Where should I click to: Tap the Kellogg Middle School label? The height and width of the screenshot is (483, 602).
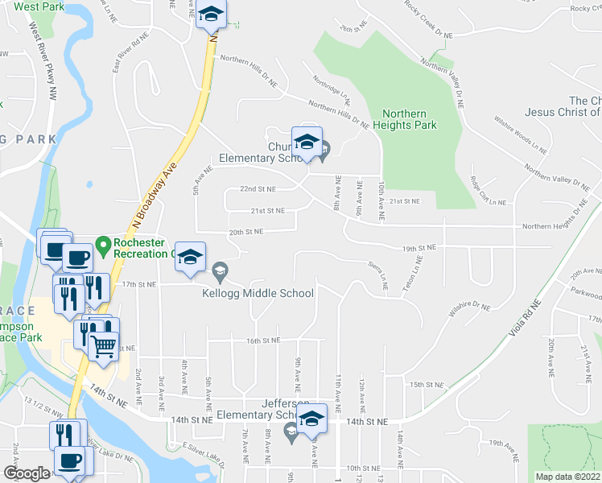[258, 293]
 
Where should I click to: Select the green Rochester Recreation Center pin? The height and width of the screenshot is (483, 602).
[103, 242]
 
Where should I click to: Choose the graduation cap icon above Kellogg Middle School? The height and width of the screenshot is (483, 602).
[191, 256]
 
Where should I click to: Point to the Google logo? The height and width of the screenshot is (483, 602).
[27, 473]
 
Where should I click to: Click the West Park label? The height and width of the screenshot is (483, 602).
[38, 6]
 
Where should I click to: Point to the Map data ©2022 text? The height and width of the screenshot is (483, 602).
[567, 477]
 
